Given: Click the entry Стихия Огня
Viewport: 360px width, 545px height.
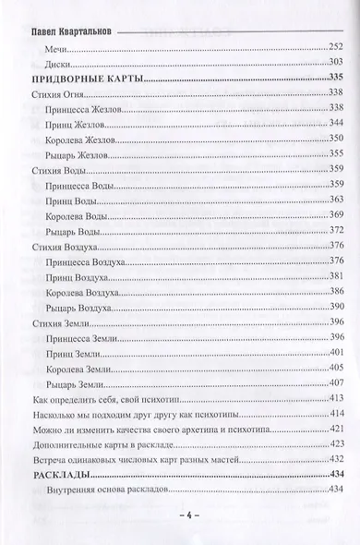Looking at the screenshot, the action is pyautogui.click(x=58, y=93).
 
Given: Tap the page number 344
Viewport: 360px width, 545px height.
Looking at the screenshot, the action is pyautogui.click(x=336, y=123).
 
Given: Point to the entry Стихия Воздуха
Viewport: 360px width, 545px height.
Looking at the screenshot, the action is pyautogui.click(x=67, y=246).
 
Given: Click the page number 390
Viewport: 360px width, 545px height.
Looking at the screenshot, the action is pyautogui.click(x=336, y=307).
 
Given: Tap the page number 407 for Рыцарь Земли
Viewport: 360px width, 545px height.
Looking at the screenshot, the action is pyautogui.click(x=336, y=382).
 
